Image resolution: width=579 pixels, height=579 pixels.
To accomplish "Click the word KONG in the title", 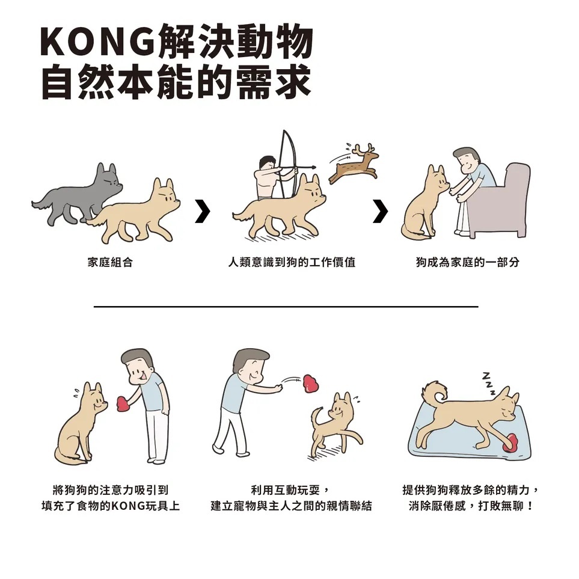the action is [97, 41].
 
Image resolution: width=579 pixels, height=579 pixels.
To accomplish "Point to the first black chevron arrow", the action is [203, 211].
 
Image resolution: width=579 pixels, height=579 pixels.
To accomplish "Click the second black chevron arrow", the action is [381, 211].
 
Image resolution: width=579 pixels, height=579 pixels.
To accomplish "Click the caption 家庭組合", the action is [109, 262].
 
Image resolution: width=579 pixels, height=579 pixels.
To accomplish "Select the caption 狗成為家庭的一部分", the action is [468, 262].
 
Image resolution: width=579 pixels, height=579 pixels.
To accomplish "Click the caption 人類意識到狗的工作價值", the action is [292, 262].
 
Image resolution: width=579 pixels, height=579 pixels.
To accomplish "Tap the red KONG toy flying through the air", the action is [311, 384].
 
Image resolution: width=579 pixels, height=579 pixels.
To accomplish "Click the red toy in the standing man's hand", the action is [123, 403].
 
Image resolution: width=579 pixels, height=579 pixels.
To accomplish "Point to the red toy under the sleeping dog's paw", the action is [510, 443].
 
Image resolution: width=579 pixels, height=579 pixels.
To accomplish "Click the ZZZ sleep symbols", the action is [489, 383].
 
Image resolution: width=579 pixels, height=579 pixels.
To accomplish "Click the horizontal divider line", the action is [286, 307].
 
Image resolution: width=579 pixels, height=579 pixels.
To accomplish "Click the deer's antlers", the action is [363, 150].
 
